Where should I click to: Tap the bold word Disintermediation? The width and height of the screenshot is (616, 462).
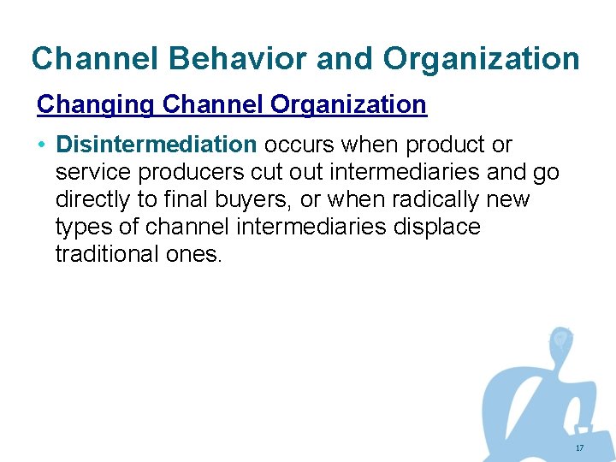click(156, 145)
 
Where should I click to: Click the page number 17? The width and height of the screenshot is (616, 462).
click(579, 448)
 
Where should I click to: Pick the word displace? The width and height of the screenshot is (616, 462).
click(435, 227)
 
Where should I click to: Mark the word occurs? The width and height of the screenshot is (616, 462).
click(299, 145)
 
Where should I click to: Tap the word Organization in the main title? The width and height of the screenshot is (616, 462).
click(482, 59)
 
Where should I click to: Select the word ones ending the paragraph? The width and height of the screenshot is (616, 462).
click(197, 254)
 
